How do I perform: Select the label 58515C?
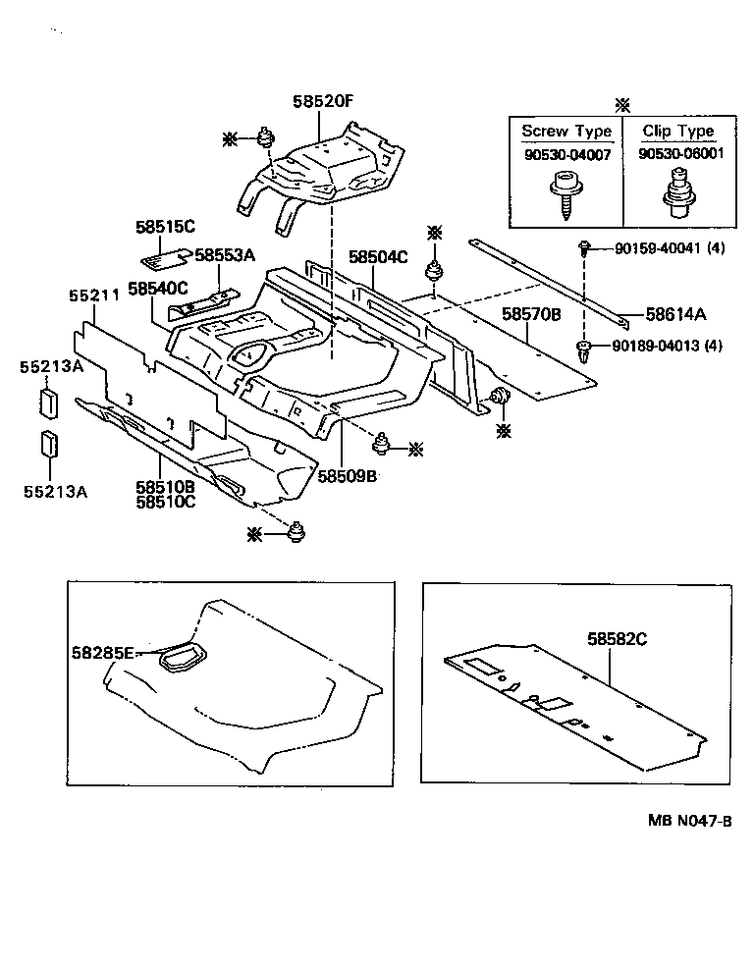click(165, 227)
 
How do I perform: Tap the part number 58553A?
click(225, 255)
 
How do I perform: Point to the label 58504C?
click(378, 257)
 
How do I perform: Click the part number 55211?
click(93, 294)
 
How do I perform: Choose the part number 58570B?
click(531, 315)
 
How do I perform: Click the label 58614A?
click(676, 315)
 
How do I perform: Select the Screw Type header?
click(566, 132)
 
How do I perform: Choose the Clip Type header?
click(677, 132)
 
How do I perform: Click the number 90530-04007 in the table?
click(566, 154)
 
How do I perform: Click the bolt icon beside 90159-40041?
click(584, 247)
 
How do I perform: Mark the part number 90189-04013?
click(653, 346)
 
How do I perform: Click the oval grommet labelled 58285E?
click(184, 657)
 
